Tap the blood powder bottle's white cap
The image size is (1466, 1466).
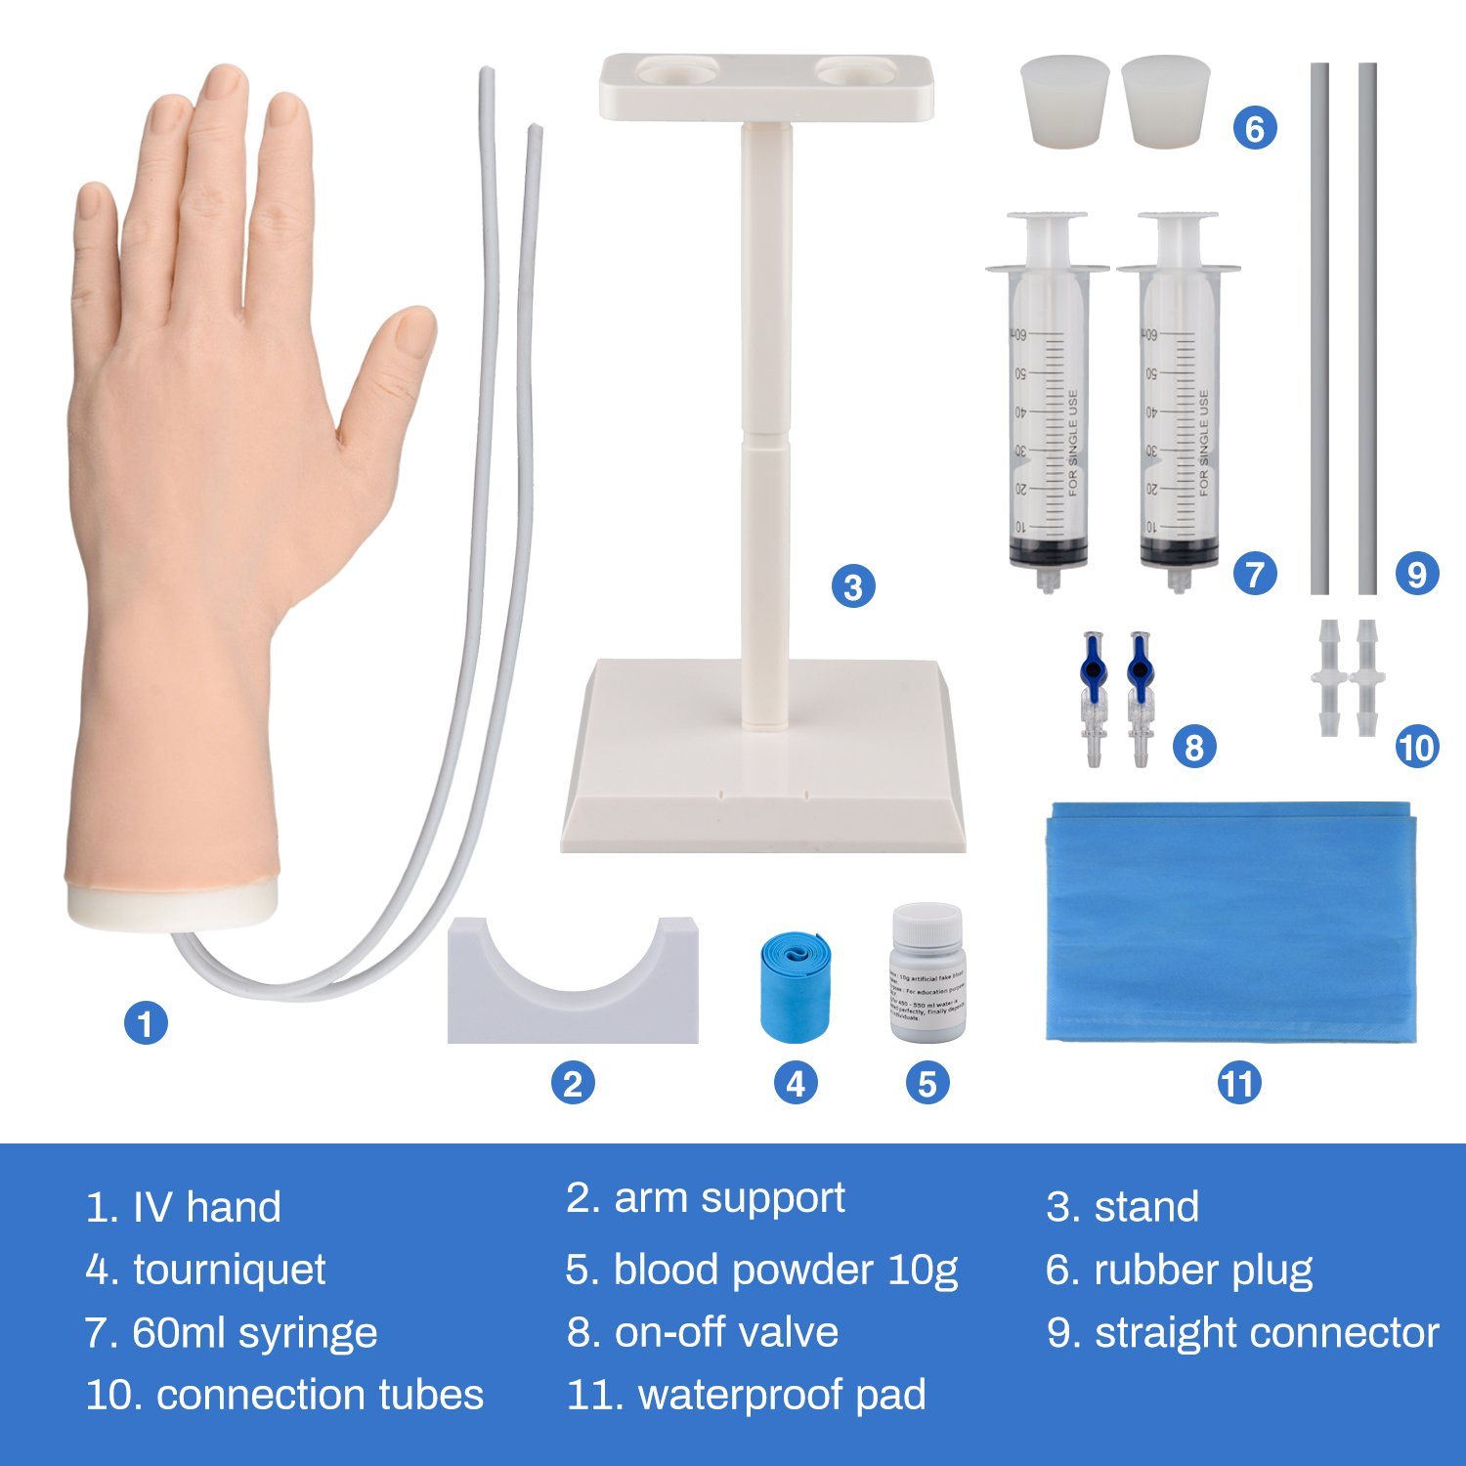pyautogui.click(x=927, y=923)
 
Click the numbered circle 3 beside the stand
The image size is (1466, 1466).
pyautogui.click(x=853, y=586)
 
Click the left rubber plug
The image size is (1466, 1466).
pyautogui.click(x=1064, y=101)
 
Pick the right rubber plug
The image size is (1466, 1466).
pyautogui.click(x=1165, y=101)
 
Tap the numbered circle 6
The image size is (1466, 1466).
pyautogui.click(x=1255, y=128)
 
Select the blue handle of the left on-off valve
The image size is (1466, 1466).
pyautogui.click(x=1092, y=665)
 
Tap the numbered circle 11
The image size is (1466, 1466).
pyautogui.click(x=1238, y=1083)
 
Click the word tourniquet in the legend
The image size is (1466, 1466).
pyautogui.click(x=229, y=1270)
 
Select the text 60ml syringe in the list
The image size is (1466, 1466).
pyautogui.click(x=254, y=1332)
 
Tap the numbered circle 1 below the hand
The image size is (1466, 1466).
pyautogui.click(x=146, y=1024)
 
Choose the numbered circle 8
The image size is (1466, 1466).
pyautogui.click(x=1193, y=748)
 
